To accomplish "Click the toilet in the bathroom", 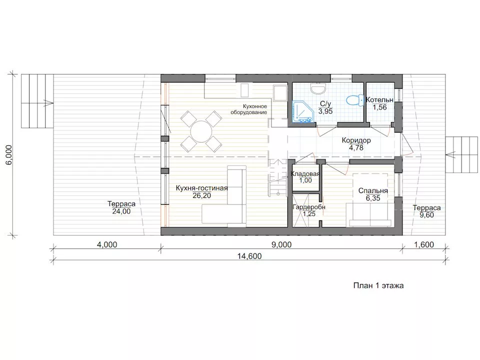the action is [354, 100].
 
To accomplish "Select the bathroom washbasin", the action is [318, 88].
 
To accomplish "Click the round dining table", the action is [201, 131].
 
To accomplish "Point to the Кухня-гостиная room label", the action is [201, 188].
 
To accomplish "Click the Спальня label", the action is [373, 190].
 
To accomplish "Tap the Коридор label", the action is [356, 140].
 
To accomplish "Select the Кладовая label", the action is [305, 174].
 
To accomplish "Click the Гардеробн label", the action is [309, 207].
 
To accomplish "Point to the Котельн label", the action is [379, 100].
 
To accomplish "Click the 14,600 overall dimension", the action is [249, 256].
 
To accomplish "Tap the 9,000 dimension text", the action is [281, 245].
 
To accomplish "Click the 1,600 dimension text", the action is [424, 245].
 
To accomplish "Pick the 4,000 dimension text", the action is [107, 245].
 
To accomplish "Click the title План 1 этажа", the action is [378, 285].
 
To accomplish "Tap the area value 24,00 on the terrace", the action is [121, 211].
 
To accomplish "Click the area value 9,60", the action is [426, 215].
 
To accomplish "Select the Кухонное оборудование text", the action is [249, 109].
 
